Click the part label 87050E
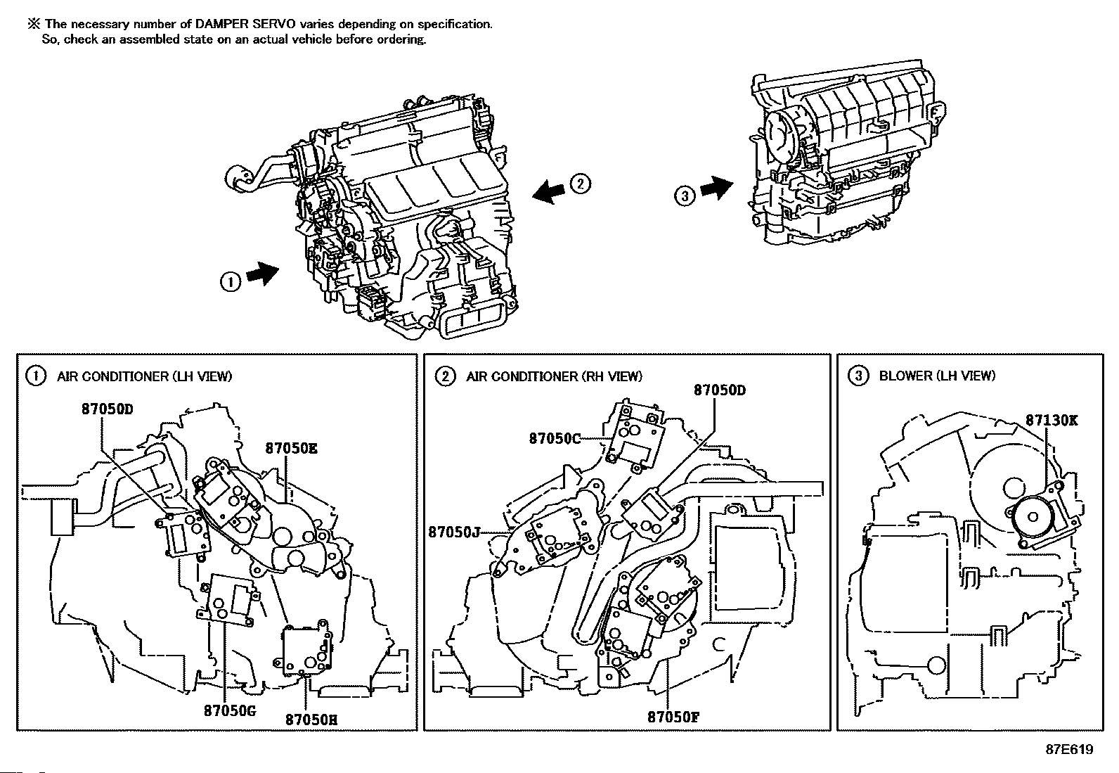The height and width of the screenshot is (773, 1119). (291, 448)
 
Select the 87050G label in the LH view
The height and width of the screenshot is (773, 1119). (230, 710)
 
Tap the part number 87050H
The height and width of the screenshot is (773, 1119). (311, 720)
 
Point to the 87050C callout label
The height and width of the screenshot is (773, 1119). (555, 438)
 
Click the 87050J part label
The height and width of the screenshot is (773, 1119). (453, 532)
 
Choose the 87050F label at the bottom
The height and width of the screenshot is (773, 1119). (673, 717)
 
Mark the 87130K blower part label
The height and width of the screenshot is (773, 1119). (1052, 420)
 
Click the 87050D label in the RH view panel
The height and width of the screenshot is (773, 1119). (719, 390)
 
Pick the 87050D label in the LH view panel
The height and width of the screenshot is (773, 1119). (108, 409)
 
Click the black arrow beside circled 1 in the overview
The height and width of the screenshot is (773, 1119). (263, 274)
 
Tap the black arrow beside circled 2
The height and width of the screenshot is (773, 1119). (548, 191)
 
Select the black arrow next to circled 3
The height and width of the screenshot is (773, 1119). (716, 188)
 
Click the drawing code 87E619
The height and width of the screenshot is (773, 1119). (1070, 750)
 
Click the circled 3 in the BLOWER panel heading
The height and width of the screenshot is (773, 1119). (858, 376)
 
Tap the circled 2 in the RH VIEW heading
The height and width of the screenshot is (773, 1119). (445, 376)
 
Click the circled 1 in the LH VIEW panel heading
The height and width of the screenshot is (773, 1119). (35, 376)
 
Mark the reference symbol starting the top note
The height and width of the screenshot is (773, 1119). (34, 24)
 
